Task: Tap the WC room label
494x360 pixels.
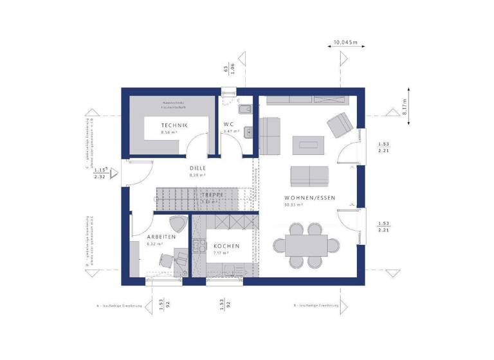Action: click(228, 124)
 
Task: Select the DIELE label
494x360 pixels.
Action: click(197, 168)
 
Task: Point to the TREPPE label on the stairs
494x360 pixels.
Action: click(211, 194)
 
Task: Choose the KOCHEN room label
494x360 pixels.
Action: click(226, 246)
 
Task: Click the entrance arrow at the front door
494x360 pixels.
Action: click(114, 173)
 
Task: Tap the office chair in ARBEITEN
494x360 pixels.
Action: click(166, 259)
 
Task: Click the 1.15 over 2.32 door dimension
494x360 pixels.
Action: click(100, 173)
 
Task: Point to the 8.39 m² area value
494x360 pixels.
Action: click(197, 175)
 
